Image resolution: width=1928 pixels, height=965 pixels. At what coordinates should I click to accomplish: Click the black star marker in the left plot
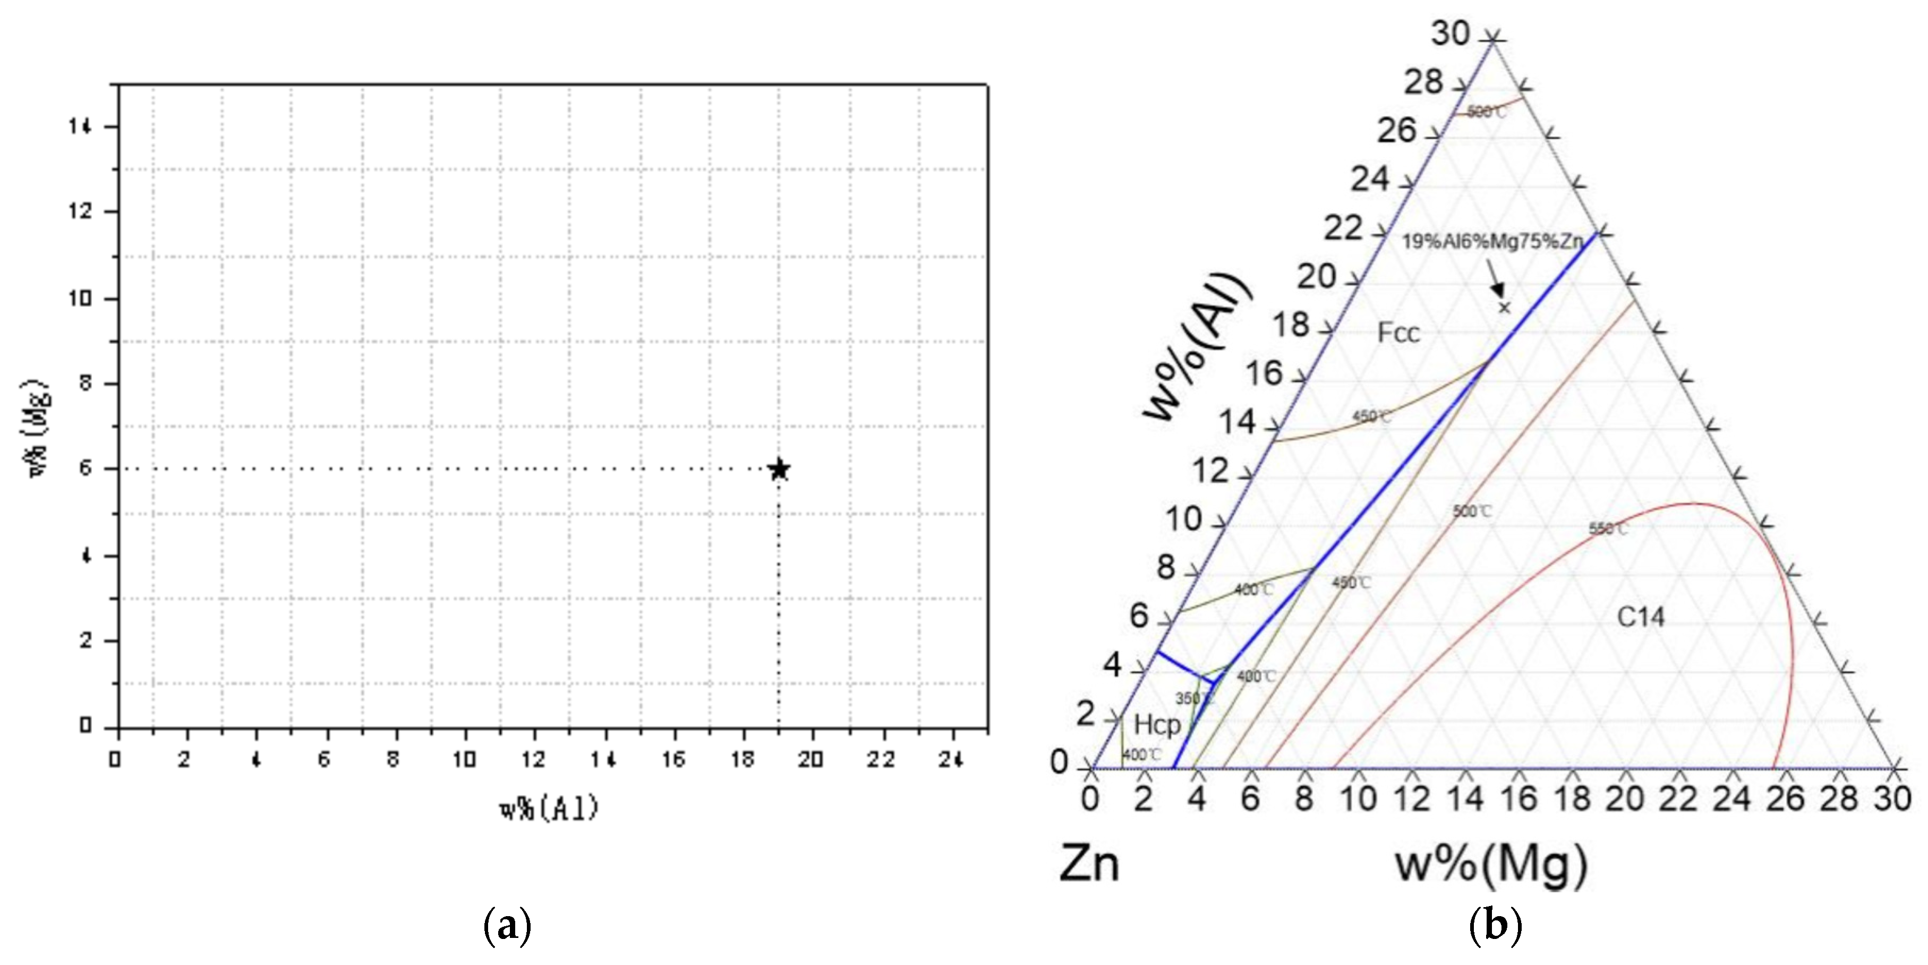(x=779, y=469)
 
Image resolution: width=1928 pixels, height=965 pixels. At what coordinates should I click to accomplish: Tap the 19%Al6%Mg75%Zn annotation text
(x=1491, y=242)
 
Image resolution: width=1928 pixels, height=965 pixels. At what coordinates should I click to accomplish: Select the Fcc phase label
(x=1398, y=332)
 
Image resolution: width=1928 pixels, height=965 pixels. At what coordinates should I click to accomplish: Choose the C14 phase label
(x=1641, y=617)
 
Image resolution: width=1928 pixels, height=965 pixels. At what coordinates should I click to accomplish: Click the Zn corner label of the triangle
(x=1089, y=865)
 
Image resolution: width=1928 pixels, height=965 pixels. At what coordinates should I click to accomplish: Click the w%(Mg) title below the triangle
(x=1491, y=865)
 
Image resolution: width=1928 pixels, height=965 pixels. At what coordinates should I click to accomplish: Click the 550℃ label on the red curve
(x=1608, y=528)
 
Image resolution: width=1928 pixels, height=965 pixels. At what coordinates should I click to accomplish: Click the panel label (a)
(x=508, y=928)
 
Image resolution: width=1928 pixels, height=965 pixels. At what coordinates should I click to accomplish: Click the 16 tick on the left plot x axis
(x=673, y=759)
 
